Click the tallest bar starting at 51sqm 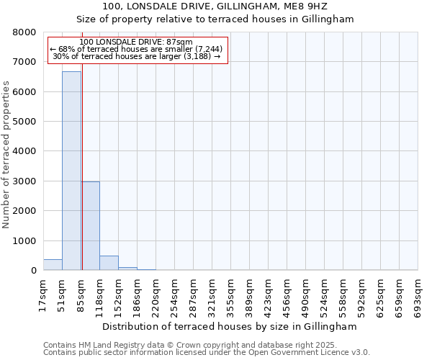71,171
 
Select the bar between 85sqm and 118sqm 90,226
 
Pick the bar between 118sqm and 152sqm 109,263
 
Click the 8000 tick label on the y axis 25,32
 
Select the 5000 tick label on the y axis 25,122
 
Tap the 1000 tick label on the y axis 25,241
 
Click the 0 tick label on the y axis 33,271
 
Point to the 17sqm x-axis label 43,294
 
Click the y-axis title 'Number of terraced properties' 6,155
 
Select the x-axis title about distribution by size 230,326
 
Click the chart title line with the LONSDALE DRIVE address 215,6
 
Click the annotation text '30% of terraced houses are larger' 137,57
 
